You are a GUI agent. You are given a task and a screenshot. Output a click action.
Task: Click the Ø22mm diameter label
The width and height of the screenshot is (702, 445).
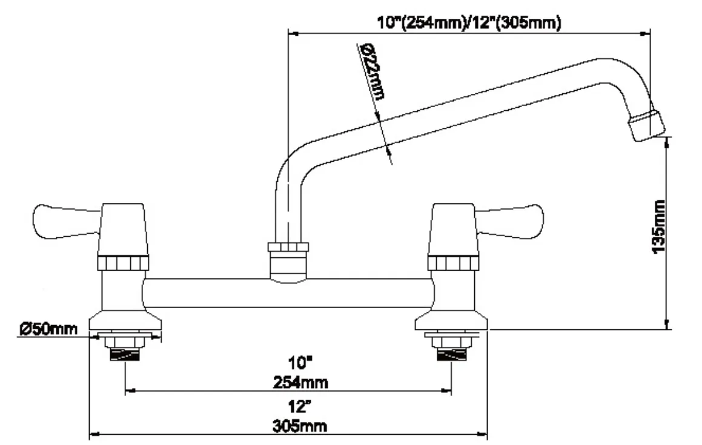[373, 71]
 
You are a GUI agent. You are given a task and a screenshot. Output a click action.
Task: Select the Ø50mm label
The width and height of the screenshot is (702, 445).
[48, 329]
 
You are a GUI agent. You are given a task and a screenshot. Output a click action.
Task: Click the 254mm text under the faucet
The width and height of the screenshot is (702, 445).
[300, 382]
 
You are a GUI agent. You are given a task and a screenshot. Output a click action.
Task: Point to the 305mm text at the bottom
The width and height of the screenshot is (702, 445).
[299, 426]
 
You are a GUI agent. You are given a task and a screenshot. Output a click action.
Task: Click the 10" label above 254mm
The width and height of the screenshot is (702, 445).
[300, 362]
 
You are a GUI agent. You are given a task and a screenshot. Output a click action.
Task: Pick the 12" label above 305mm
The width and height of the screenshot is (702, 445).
[299, 406]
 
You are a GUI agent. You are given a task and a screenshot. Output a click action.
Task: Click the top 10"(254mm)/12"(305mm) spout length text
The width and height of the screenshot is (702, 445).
[469, 22]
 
